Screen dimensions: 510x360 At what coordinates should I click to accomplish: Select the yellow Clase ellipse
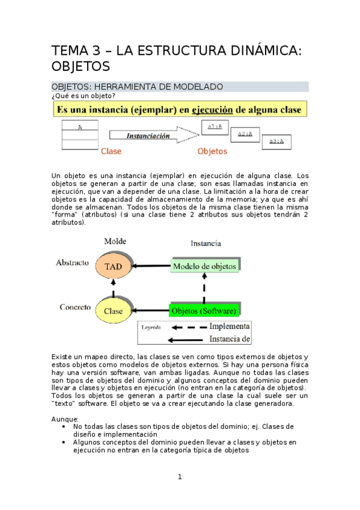113,311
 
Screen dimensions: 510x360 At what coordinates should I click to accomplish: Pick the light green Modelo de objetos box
204,266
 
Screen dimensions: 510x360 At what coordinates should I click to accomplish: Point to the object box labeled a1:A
215,127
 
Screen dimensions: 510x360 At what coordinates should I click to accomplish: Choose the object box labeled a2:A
245,134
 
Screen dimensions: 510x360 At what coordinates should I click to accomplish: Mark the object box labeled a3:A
276,141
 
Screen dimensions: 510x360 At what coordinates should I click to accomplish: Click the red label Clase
111,152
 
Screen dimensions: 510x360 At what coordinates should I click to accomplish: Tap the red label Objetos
212,152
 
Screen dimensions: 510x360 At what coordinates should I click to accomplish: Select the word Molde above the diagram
115,241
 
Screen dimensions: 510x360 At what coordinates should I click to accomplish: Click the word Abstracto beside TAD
73,263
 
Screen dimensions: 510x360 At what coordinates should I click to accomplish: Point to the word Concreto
75,307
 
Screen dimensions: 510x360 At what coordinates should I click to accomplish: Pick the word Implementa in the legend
230,327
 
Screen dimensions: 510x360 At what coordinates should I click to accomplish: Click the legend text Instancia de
230,339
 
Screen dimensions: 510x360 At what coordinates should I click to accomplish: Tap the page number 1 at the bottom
179,477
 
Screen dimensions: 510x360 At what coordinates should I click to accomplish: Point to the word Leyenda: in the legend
152,328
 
